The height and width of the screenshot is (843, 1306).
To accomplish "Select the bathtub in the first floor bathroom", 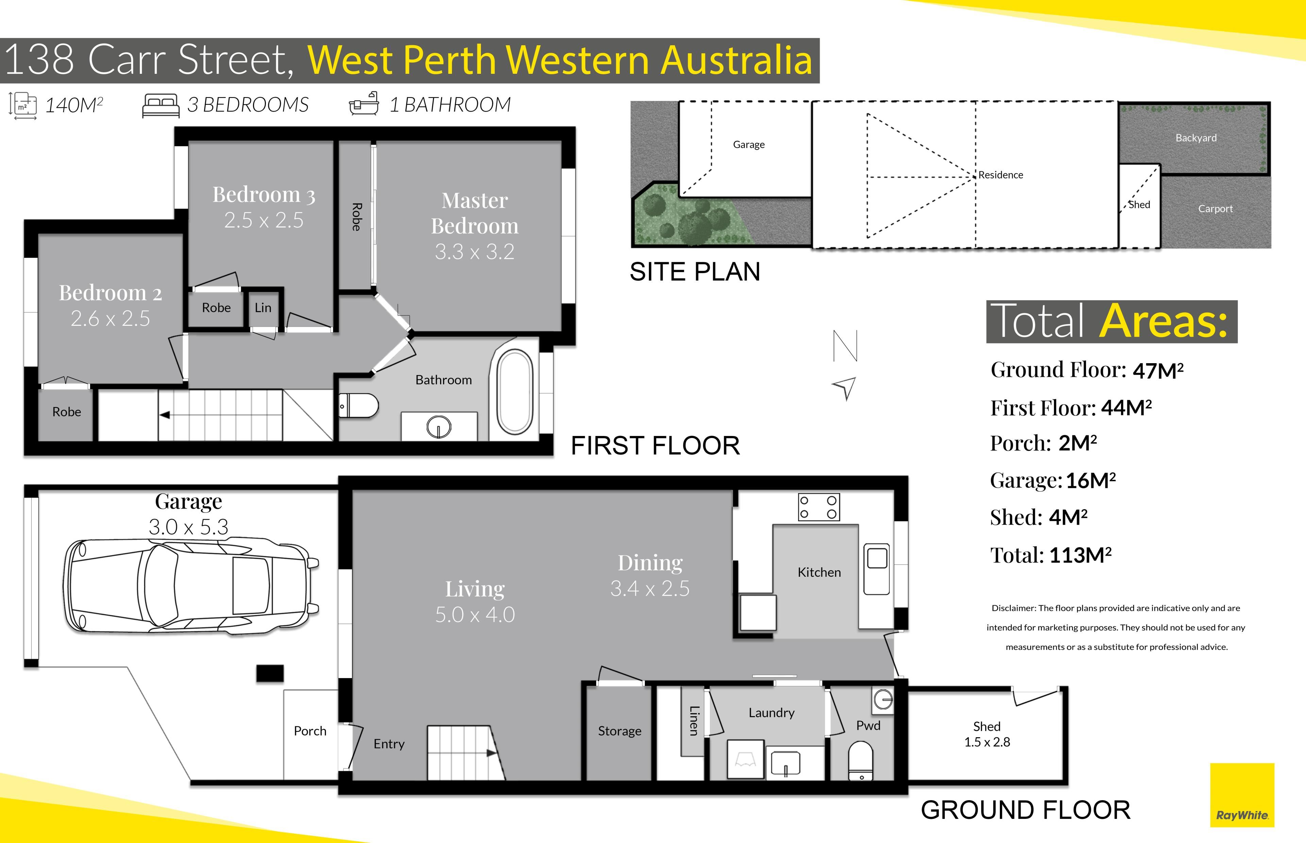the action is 515,392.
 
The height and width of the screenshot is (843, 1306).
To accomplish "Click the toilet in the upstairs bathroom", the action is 358,406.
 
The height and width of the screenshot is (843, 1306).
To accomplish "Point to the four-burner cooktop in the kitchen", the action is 819,507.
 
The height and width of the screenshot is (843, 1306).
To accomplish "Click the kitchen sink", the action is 876,569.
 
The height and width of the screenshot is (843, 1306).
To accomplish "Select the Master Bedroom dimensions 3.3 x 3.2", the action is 474,252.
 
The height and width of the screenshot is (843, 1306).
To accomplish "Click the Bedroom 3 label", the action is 264,194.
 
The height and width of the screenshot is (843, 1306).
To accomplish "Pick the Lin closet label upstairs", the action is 263,308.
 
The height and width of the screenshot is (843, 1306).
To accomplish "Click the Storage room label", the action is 620,731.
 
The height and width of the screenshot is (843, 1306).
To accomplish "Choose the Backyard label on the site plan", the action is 1196,138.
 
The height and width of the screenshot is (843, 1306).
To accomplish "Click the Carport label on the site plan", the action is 1215,208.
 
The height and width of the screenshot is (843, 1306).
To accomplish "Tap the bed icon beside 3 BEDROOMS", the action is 161,105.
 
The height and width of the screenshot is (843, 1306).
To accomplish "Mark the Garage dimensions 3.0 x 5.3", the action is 188,527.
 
